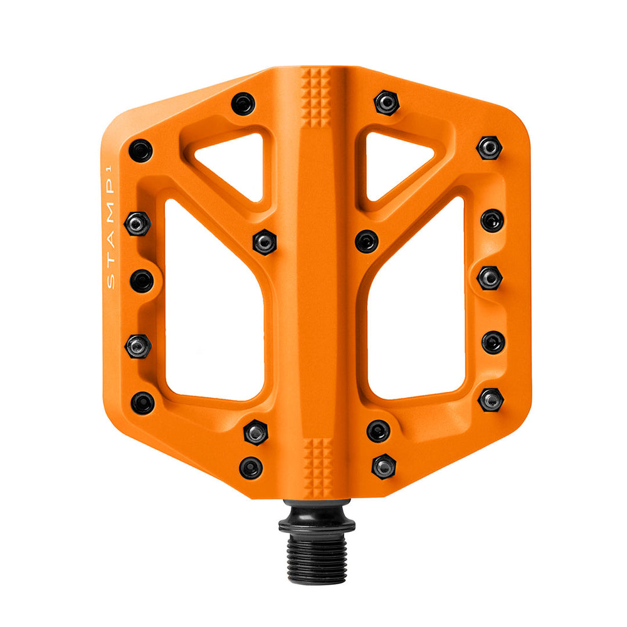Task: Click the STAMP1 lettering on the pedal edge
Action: click(x=110, y=232)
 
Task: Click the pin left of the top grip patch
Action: click(x=243, y=103)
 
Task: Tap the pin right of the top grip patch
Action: click(x=387, y=102)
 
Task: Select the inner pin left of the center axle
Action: click(x=265, y=241)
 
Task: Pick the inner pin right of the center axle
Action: click(x=367, y=241)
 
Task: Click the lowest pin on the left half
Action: click(x=251, y=467)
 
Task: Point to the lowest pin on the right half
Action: click(x=384, y=466)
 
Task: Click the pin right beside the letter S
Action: click(x=142, y=281)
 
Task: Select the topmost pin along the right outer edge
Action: click(x=489, y=148)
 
